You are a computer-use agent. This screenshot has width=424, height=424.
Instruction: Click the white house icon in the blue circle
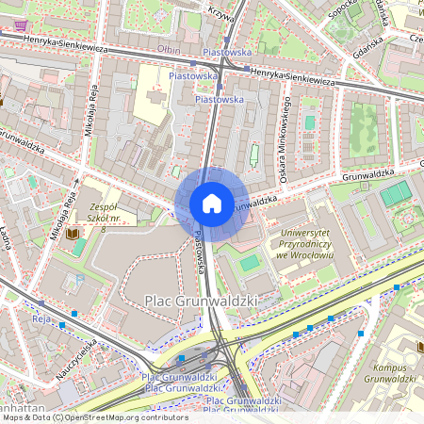pyautogui.click(x=212, y=204)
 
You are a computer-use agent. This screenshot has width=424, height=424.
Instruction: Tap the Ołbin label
pyautogui.click(x=170, y=49)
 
